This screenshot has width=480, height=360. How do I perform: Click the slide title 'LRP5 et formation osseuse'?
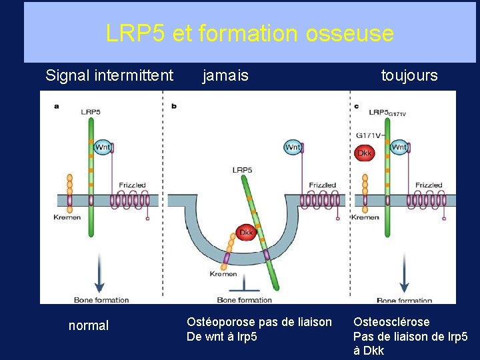tap(249, 33)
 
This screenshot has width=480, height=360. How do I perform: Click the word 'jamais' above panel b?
tap(225, 75)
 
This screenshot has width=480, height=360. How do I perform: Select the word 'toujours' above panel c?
tap(409, 75)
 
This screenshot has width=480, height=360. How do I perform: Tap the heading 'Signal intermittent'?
tap(109, 75)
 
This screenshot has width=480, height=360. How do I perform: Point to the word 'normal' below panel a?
tap(88, 326)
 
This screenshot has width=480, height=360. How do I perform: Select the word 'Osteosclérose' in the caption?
tap(391, 322)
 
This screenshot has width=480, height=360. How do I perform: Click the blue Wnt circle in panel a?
tap(103, 147)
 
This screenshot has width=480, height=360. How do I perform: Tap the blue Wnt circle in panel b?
tap(293, 147)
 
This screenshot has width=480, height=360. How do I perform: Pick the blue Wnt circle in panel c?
tap(399, 147)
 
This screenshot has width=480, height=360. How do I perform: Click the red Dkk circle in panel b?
tap(246, 231)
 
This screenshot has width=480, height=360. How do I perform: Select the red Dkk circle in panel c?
tap(364, 153)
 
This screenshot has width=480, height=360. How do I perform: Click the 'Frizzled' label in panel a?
tap(132, 185)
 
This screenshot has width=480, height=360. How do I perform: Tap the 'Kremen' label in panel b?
tap(223, 274)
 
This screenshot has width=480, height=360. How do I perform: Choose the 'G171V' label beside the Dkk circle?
tap(368, 135)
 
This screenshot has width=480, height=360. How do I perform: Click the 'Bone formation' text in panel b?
tap(244, 300)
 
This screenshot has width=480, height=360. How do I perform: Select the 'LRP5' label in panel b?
tap(242, 170)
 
